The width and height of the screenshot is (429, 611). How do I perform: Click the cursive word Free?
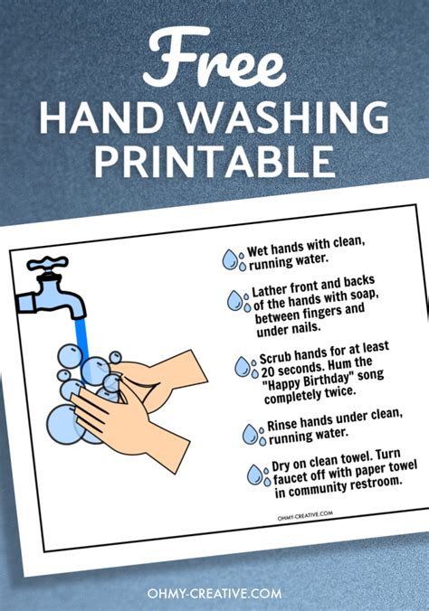click(214, 58)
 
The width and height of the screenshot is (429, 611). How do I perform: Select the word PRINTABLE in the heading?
click(214, 162)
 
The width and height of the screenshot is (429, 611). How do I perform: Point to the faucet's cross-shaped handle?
click(47, 265)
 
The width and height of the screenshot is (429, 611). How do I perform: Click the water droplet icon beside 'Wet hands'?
click(234, 259)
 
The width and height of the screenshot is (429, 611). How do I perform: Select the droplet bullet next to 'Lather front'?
click(239, 301)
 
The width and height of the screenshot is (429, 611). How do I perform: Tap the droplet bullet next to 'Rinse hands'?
click(254, 435)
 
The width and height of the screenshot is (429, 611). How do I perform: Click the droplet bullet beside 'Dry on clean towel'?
click(259, 475)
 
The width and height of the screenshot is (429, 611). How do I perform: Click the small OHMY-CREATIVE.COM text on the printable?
click(305, 515)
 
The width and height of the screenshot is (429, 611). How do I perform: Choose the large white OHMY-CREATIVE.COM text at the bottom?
click(214, 593)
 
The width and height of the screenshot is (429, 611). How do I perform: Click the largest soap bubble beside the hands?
click(64, 425)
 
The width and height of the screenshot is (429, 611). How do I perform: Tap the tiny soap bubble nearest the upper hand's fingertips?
click(115, 357)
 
